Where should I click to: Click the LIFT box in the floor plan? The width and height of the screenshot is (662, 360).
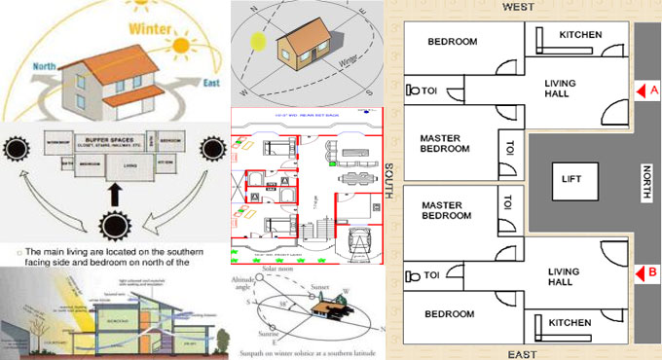click(571, 179)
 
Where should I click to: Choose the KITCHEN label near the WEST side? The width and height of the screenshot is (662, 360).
click(580, 36)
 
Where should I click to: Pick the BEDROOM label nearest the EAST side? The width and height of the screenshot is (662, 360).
click(450, 314)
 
